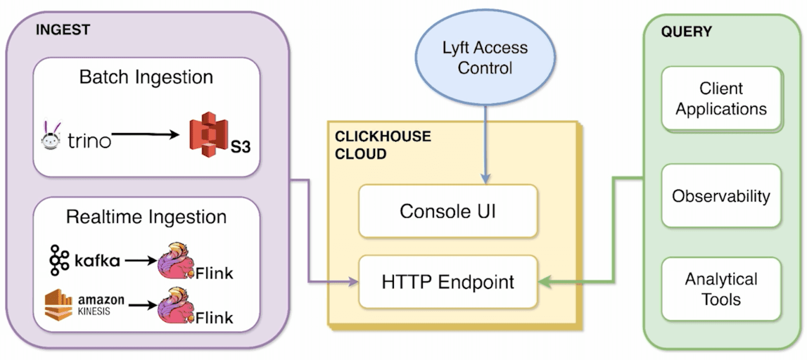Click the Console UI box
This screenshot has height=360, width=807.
tap(448, 211)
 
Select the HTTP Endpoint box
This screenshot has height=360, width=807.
tap(448, 282)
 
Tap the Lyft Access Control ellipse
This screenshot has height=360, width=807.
tap(485, 57)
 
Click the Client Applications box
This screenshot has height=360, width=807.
tap(722, 98)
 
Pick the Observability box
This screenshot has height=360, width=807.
tap(722, 196)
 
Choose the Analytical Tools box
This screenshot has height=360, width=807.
tap(722, 289)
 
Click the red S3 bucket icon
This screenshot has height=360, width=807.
tap(209, 134)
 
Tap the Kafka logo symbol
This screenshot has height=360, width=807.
tap(59, 260)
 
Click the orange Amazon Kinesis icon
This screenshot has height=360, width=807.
tap(59, 305)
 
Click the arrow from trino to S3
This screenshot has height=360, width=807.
tap(146, 135)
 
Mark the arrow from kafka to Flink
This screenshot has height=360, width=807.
tap(141, 260)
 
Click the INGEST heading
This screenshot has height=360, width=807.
tap(63, 30)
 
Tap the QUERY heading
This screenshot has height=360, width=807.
tap(686, 32)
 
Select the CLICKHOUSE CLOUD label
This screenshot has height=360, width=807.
tap(383, 145)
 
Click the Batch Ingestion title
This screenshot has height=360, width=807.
tap(146, 77)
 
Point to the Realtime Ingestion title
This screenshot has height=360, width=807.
tap(146, 217)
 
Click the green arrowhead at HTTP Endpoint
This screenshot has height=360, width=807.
tap(544, 281)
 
